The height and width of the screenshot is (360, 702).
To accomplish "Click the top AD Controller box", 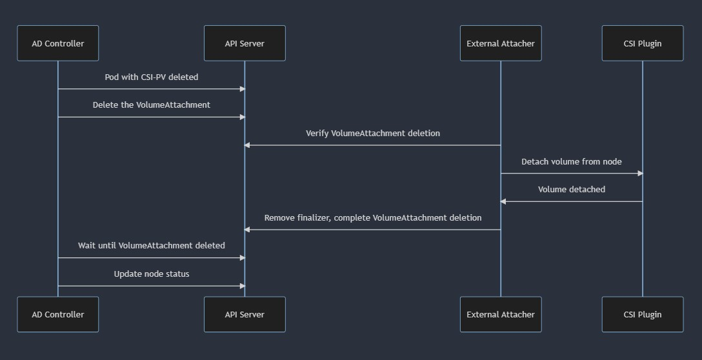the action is pyautogui.click(x=58, y=43).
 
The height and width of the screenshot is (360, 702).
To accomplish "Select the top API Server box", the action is pyautogui.click(x=245, y=43).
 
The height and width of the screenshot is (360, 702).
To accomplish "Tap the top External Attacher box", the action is pyautogui.click(x=501, y=43).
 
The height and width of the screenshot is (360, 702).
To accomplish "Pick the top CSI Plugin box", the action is pyautogui.click(x=643, y=43).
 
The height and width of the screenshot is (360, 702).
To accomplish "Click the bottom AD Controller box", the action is pyautogui.click(x=58, y=314).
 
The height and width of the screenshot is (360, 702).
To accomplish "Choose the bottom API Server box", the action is pyautogui.click(x=245, y=314).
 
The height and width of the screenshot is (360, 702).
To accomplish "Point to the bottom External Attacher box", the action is pyautogui.click(x=501, y=314).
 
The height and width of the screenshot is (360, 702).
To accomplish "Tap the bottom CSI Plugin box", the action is pyautogui.click(x=643, y=314).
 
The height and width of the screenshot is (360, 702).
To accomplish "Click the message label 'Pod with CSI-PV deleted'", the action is pyautogui.click(x=152, y=77).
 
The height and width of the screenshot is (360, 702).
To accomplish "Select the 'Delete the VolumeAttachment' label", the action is pyautogui.click(x=152, y=105).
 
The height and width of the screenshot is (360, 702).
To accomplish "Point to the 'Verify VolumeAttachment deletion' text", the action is pyautogui.click(x=373, y=134).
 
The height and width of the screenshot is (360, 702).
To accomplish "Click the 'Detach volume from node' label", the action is pyautogui.click(x=571, y=162).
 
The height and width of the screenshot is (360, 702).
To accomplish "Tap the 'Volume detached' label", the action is pyautogui.click(x=571, y=190).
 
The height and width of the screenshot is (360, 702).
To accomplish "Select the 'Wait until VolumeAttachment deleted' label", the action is pyautogui.click(x=152, y=245).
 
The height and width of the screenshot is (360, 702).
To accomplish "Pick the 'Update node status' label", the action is pyautogui.click(x=152, y=274).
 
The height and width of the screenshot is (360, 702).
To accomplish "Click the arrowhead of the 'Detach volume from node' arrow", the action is pyautogui.click(x=640, y=174).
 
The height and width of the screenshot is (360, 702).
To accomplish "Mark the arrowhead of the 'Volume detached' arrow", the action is pyautogui.click(x=503, y=201).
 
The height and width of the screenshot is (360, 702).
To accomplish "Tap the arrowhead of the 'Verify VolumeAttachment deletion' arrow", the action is pyautogui.click(x=246, y=145).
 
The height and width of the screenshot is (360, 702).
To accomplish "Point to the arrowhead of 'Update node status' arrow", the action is pyautogui.click(x=243, y=286).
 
